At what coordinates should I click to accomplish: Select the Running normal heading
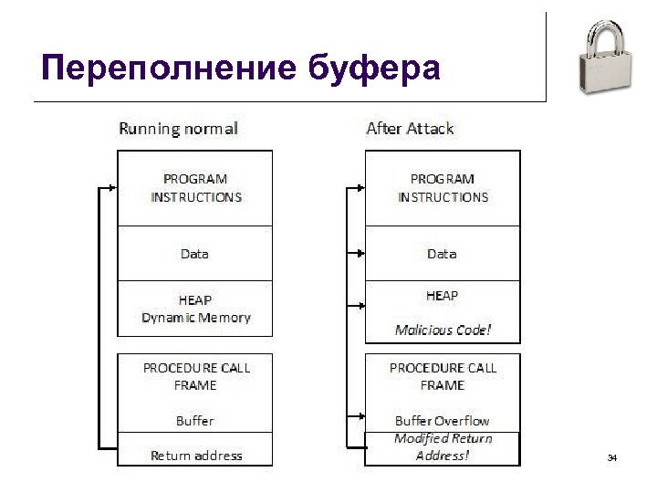[178, 129]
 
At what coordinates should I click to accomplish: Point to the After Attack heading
[410, 129]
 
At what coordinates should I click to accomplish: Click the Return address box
[196, 455]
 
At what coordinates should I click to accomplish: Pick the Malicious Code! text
[443, 330]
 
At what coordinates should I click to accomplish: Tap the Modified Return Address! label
[443, 446]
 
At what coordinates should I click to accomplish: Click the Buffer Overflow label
[442, 421]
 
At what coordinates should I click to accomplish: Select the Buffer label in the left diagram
[195, 421]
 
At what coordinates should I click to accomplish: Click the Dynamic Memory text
[196, 318]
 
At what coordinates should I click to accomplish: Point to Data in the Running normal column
[194, 254]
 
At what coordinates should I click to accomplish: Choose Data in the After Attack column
[442, 254]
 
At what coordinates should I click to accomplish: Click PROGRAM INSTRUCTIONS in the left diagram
[196, 188]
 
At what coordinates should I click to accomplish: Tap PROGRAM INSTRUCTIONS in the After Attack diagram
[443, 188]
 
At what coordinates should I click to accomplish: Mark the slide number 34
[612, 456]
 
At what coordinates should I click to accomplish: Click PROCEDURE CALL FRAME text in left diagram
[196, 376]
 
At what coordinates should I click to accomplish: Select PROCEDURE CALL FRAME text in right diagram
[443, 376]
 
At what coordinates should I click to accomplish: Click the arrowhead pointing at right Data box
[361, 254]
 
